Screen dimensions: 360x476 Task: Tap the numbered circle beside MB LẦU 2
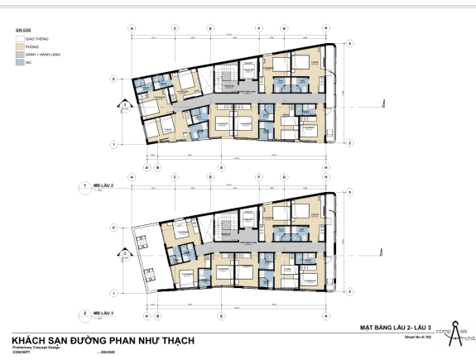[x=84, y=185]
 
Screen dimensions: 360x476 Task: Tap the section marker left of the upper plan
[x=125, y=104]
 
